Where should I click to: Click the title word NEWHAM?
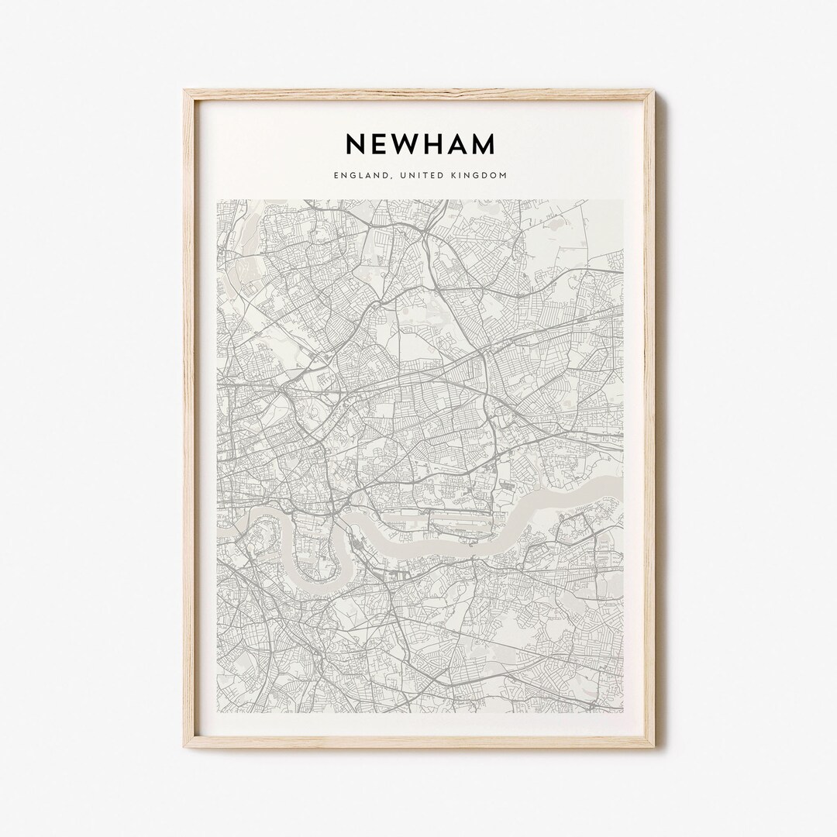pos(419,144)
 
